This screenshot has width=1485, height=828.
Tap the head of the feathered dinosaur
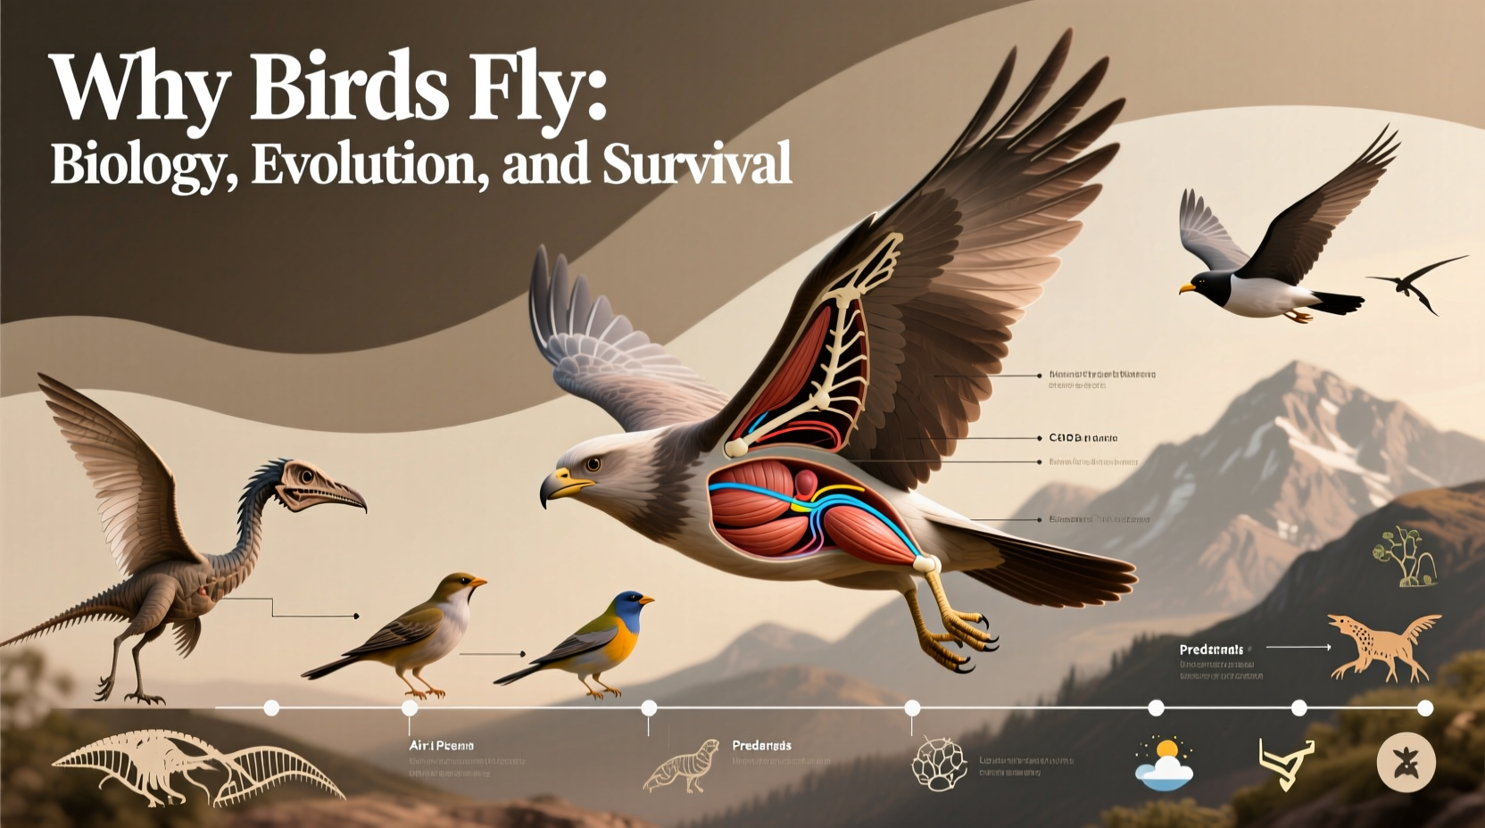pos(317,486)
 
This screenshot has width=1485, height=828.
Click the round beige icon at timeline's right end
pos(1406,763)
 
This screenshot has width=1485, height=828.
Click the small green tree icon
pos(1403,557)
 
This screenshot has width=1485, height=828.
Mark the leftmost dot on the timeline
pos(271,708)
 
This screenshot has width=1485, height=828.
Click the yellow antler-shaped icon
pos(1285,763)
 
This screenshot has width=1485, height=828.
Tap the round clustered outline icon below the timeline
pos(939,765)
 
